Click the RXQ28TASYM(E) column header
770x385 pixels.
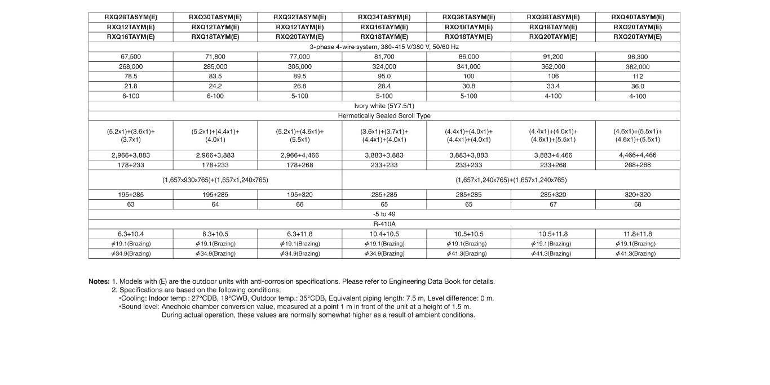[x=131, y=17]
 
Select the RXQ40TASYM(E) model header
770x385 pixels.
[x=638, y=17]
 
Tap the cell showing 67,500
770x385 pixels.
[x=131, y=57]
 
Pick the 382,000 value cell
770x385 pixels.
[x=638, y=66]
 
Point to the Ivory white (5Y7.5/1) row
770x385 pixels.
[x=384, y=106]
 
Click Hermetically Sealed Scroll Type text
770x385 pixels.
[x=384, y=115]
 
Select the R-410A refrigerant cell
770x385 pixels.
[x=384, y=224]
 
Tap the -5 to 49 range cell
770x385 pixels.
[x=384, y=214]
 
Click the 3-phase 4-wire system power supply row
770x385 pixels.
[x=384, y=47]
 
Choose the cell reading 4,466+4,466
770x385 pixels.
[x=638, y=155]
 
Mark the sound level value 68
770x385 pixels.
[x=638, y=204]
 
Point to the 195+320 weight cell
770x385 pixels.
[x=300, y=195]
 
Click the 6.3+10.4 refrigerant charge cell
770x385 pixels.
[x=131, y=234]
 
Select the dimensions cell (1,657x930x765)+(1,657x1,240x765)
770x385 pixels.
[x=215, y=180]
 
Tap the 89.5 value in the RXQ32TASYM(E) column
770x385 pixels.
[x=300, y=77]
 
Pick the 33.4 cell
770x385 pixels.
[x=553, y=86]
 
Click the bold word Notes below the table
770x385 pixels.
[x=98, y=281]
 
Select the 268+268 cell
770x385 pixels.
[x=638, y=165]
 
